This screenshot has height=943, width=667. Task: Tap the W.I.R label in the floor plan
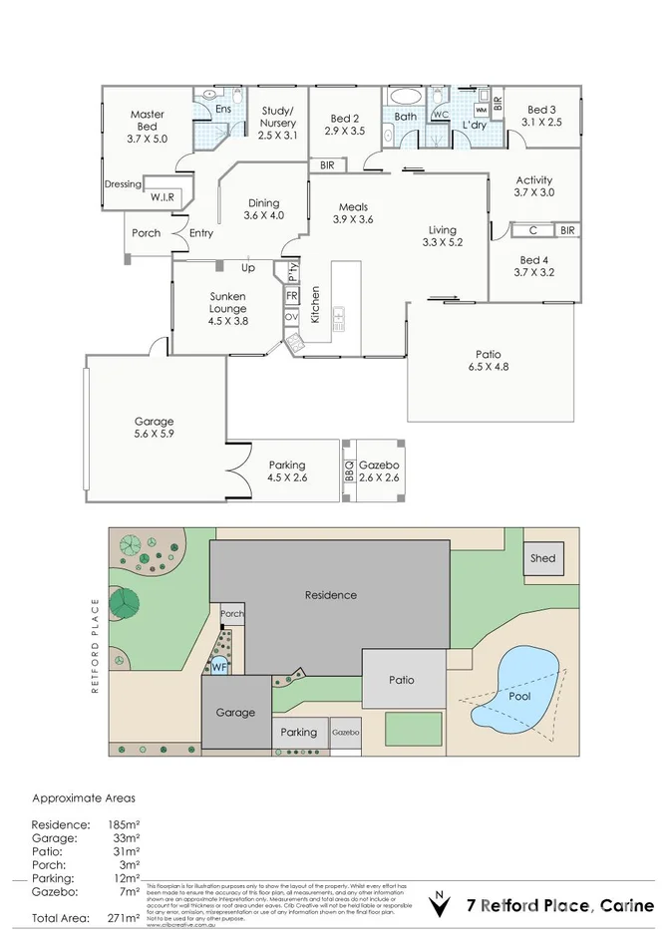coord(163,197)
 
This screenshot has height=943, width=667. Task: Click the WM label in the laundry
coord(481,110)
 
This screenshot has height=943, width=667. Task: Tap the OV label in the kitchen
coord(291,317)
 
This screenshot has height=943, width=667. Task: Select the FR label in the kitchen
coord(291,296)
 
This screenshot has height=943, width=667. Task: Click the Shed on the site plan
coord(542,558)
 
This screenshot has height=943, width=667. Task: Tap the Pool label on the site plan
coord(519,696)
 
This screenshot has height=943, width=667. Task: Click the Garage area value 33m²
coord(123,838)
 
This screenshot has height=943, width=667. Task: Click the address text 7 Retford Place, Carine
coord(561,905)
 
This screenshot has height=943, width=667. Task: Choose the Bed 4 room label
coord(533,265)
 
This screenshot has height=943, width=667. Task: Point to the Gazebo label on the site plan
coord(346,733)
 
